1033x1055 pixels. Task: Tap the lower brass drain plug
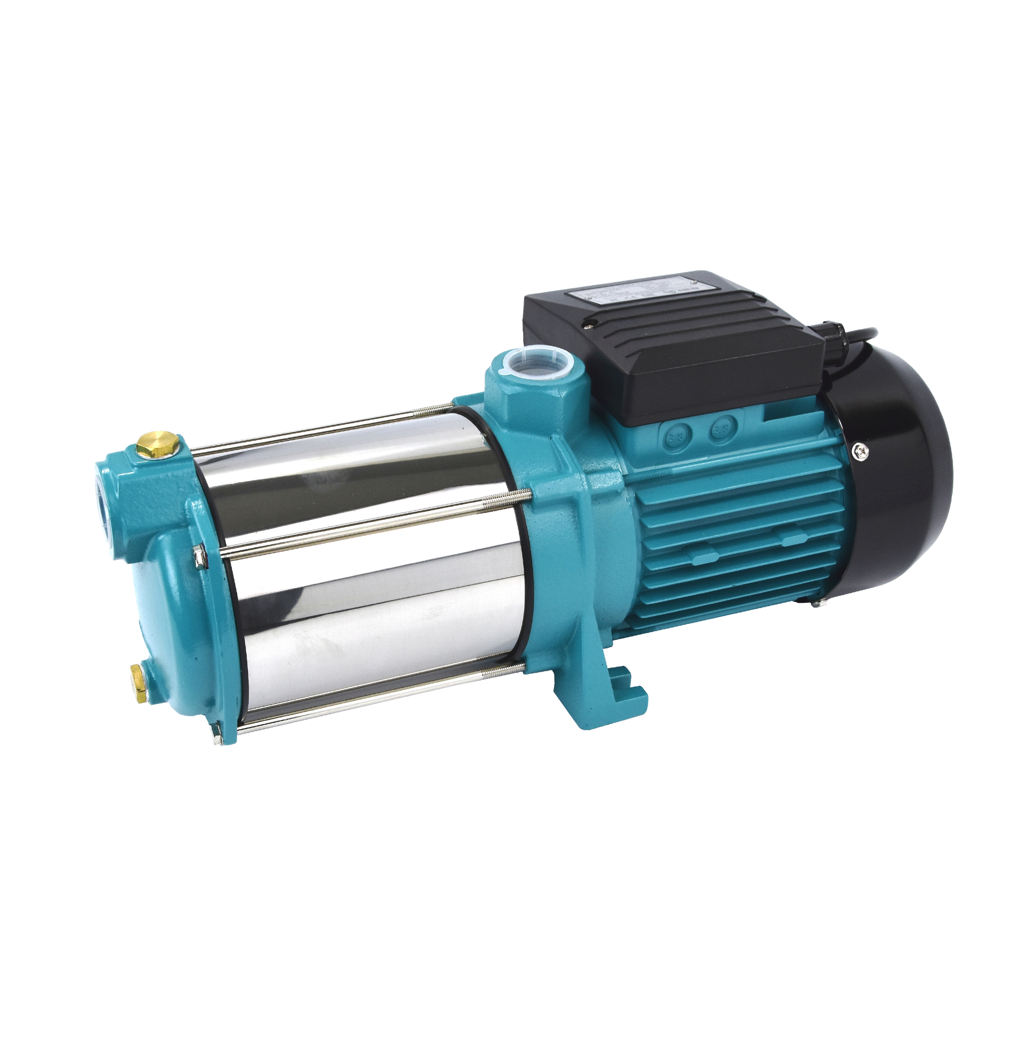(140, 678)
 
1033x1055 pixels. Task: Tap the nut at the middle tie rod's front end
(201, 559)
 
